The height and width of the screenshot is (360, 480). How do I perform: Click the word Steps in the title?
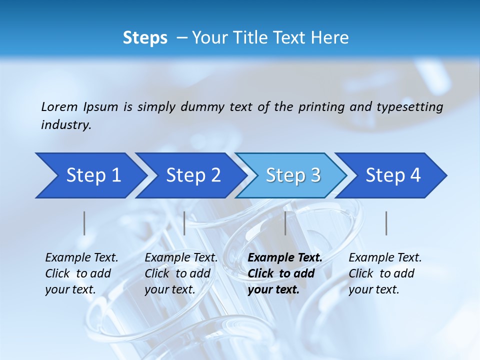click(145, 38)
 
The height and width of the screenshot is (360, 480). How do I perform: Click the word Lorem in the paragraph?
click(59, 106)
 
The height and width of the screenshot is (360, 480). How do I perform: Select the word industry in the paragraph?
click(65, 125)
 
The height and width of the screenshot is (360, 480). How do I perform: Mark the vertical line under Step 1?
click(84, 223)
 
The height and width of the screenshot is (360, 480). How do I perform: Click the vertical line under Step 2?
click(184, 223)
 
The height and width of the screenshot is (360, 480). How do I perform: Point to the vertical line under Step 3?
click(285, 223)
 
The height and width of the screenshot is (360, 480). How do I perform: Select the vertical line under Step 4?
click(386, 223)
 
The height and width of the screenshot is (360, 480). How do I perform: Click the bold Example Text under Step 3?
click(285, 257)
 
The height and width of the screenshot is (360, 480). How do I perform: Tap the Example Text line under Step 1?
click(81, 257)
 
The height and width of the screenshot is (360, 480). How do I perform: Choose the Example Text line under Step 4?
click(385, 257)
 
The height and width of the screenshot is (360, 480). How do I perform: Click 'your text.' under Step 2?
click(170, 289)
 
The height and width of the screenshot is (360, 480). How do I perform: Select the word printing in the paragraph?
click(319, 106)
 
